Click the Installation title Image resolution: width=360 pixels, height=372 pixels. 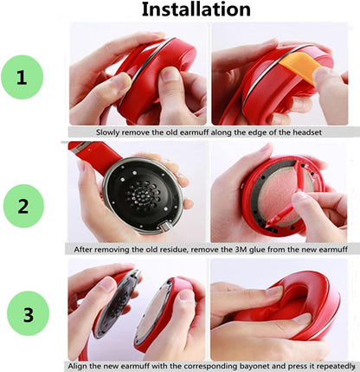[196, 10]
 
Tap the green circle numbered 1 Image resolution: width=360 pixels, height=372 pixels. [22, 77]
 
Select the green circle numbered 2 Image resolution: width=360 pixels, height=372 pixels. [23, 206]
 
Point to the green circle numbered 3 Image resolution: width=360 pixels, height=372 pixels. [29, 314]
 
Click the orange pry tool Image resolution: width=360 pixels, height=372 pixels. [300, 67]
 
